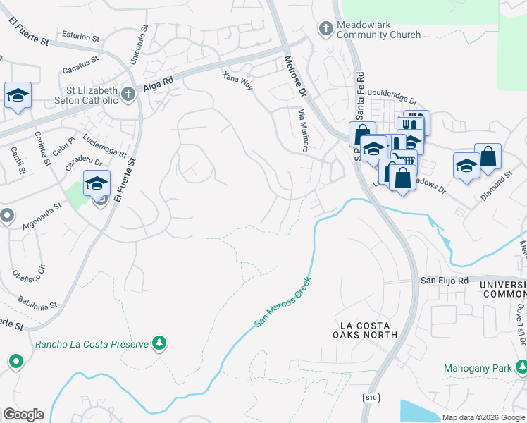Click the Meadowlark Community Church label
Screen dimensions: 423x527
(x=378, y=29)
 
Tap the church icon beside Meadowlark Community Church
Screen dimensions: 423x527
(x=325, y=29)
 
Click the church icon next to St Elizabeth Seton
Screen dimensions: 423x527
(x=128, y=94)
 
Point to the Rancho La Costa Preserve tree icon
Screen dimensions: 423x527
(x=160, y=343)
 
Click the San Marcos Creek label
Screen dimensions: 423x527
(x=283, y=302)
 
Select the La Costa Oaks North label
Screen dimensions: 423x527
(x=365, y=330)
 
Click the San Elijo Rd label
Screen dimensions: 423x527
(x=445, y=280)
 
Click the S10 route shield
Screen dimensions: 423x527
(x=371, y=398)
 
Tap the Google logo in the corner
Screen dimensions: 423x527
(x=23, y=415)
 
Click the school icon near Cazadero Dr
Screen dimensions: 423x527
(x=97, y=184)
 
